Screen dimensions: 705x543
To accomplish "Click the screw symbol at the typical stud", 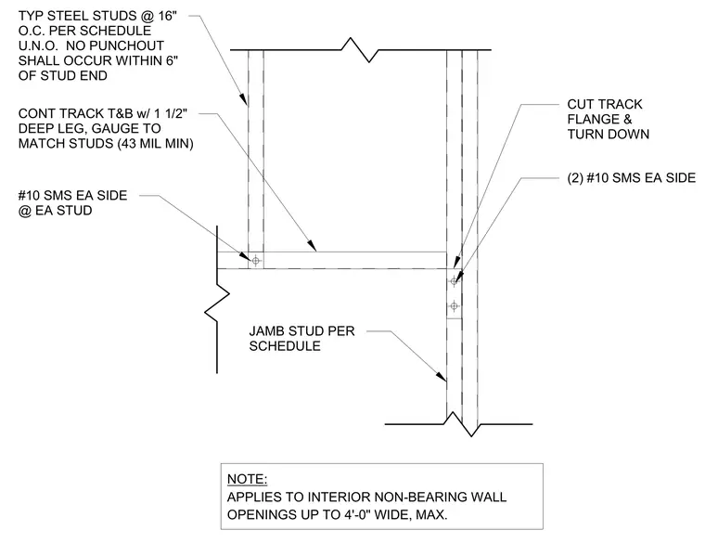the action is [x=256, y=261].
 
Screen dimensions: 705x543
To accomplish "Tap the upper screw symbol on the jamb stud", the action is [x=455, y=281].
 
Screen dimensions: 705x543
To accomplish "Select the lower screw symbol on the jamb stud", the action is [x=455, y=306].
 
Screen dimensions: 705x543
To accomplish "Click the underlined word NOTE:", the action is [x=248, y=479].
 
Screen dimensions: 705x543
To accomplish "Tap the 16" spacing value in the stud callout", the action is [x=168, y=16].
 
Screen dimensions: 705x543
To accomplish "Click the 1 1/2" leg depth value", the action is [x=171, y=113].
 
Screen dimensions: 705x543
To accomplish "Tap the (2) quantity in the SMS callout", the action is [x=575, y=178].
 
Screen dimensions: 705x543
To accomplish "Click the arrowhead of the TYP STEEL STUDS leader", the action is [x=243, y=99].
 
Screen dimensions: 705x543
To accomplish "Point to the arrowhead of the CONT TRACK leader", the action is [x=312, y=245].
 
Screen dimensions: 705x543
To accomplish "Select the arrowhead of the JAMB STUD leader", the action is [x=442, y=376].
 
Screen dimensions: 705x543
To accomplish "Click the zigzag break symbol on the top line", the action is [x=360, y=50].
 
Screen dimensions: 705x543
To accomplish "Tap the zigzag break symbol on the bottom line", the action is [x=462, y=424].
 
